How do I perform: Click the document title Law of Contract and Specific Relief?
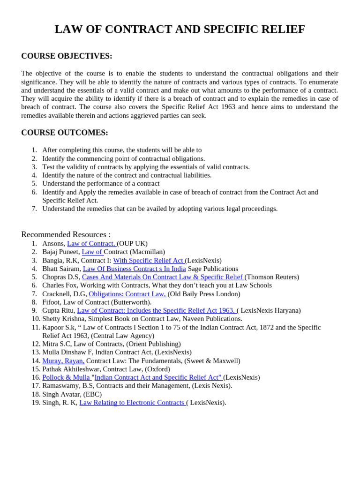180,30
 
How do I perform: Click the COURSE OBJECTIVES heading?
67,56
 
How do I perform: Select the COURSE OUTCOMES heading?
65,133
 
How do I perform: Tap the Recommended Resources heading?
66,234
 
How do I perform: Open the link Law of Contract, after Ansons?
91,244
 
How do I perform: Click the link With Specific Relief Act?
149,261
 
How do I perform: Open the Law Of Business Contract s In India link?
134,269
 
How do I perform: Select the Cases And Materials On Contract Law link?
163,277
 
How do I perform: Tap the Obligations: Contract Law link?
127,294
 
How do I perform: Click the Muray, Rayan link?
63,361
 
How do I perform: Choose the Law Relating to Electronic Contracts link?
132,403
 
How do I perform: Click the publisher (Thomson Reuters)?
272,277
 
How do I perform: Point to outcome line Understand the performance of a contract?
101,184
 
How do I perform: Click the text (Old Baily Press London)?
204,294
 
